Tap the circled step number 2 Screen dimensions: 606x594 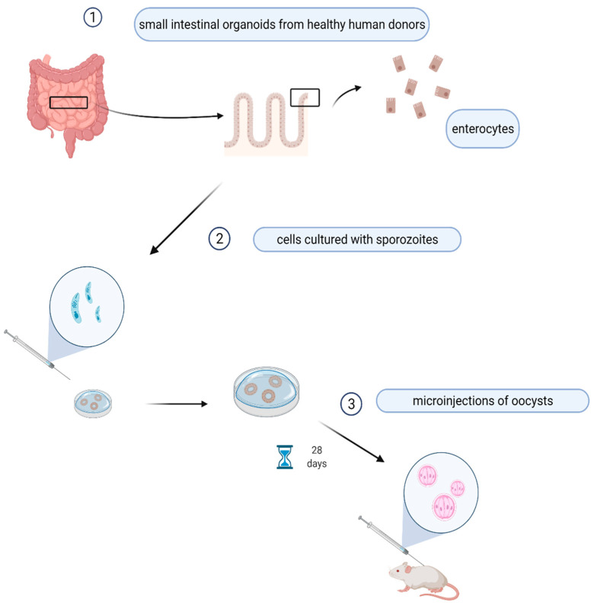219,238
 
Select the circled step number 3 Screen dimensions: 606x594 350,403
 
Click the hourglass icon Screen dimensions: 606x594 283,458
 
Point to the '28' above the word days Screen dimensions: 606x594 317,449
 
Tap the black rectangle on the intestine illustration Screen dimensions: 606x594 69,103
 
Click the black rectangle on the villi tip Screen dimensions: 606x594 305,97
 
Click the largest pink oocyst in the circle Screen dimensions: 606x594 446,505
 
